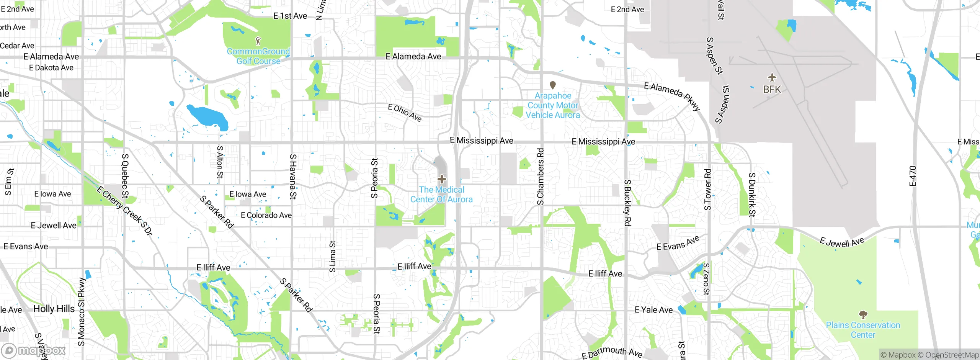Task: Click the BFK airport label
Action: pos(772,90)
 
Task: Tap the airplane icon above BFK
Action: pos(772,78)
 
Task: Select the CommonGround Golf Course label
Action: pos(258,56)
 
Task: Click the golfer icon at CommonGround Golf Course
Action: pos(258,41)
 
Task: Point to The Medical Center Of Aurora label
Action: pos(441,195)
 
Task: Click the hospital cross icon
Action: pos(442,179)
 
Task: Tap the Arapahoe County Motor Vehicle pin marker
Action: pos(552,85)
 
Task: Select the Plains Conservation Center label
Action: pos(863,330)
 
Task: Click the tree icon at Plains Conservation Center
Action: pos(863,315)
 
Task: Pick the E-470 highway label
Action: pos(913,176)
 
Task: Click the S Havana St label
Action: pos(293,177)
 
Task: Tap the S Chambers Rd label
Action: pos(540,177)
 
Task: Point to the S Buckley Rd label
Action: pos(627,203)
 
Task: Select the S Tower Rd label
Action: pos(707,190)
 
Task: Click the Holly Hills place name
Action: pos(54,309)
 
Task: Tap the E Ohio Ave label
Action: pos(405,113)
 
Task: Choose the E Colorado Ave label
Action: pos(266,215)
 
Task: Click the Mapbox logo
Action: pos(34,350)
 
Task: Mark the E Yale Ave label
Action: pos(653,310)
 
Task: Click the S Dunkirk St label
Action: pos(752,195)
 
